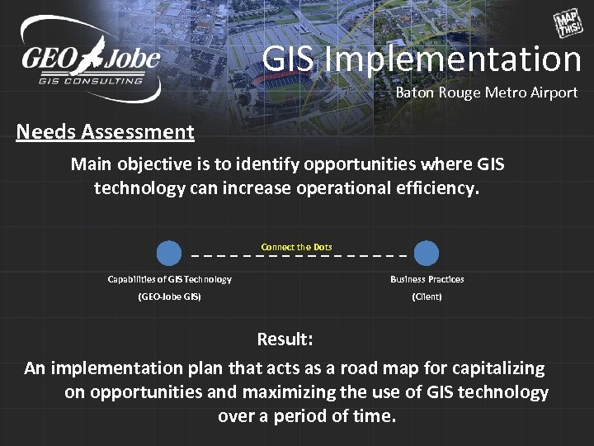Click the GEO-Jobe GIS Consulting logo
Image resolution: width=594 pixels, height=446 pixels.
coord(90,59)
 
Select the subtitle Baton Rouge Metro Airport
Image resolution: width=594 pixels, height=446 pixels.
coord(486,93)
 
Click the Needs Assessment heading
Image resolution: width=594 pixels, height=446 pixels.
coord(105,131)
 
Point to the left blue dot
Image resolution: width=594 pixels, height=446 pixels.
coord(169,253)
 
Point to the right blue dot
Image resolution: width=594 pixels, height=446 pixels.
coord(427,253)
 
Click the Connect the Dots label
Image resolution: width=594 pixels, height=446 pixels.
coord(296,247)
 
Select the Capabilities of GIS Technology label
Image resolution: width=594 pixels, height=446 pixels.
coord(169,279)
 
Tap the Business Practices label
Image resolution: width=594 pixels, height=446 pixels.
coord(427,279)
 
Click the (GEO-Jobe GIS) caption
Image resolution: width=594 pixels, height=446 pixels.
coord(169,297)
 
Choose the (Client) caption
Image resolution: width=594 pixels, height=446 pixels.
coord(427,297)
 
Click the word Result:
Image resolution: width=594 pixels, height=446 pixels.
coord(285,339)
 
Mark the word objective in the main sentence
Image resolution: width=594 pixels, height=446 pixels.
coord(153,164)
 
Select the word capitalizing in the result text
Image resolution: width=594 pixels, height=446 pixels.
coord(494,368)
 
